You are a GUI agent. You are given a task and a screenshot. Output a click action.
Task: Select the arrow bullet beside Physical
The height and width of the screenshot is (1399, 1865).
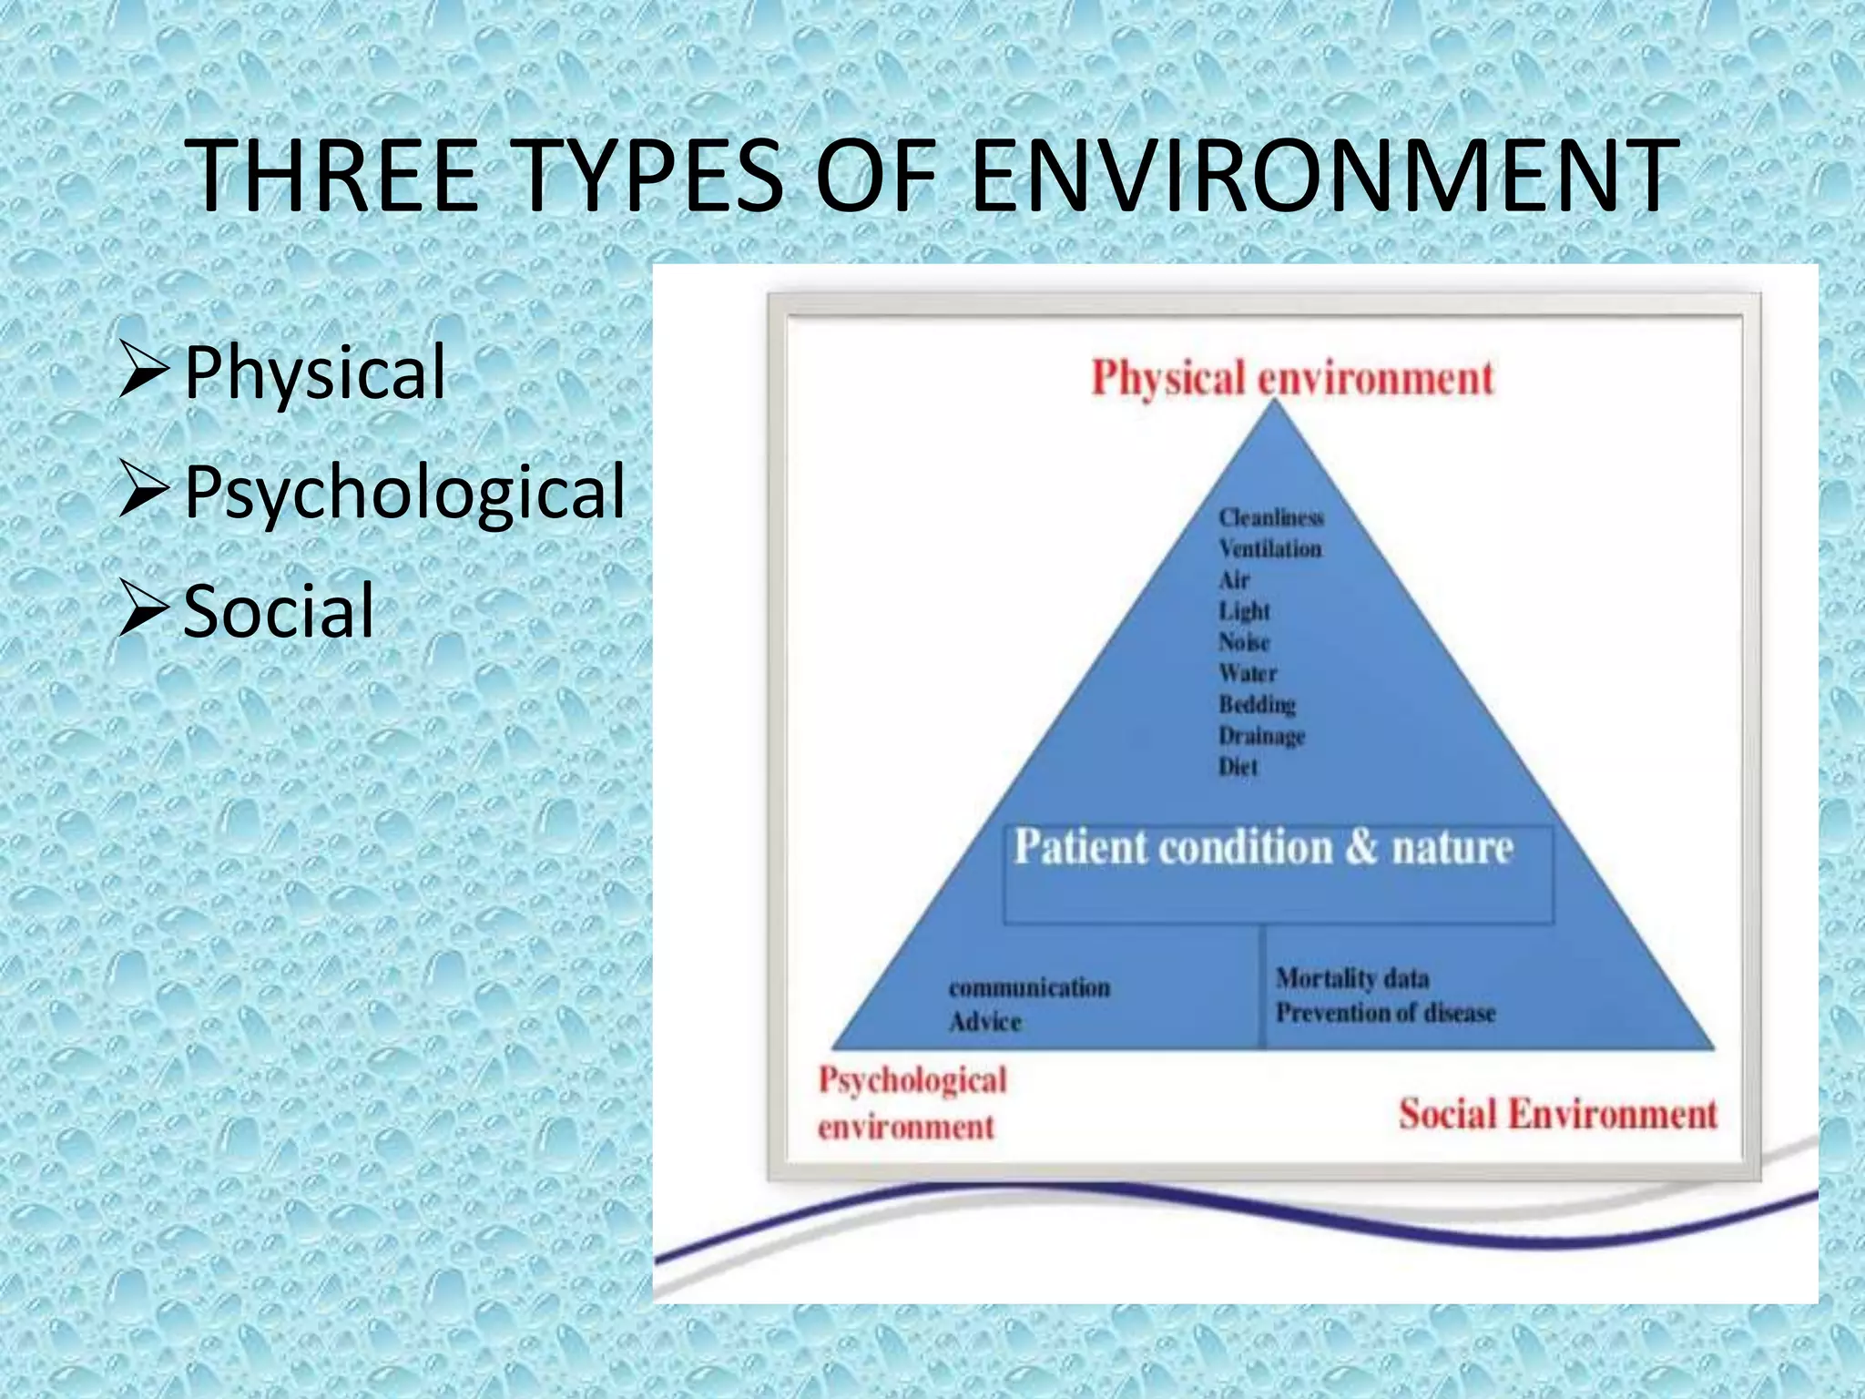tap(144, 373)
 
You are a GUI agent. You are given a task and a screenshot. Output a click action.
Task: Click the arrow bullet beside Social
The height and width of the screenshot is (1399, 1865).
tap(144, 610)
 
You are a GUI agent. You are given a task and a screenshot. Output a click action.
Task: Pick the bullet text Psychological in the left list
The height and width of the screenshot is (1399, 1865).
tap(405, 492)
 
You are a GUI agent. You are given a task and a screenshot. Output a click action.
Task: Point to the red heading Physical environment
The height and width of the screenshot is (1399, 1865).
tap(1292, 378)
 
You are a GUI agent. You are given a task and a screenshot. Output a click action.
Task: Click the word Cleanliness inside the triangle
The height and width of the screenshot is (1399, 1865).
tap(1271, 517)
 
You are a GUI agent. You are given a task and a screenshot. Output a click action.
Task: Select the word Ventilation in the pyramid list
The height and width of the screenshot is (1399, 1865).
tap(1270, 549)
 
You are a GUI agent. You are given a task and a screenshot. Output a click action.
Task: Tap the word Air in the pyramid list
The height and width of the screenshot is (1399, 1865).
tap(1234, 580)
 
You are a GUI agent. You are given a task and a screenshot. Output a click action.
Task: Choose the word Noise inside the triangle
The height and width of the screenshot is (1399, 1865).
tap(1244, 642)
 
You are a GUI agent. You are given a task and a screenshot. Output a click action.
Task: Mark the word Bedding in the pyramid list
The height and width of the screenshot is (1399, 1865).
tap(1257, 704)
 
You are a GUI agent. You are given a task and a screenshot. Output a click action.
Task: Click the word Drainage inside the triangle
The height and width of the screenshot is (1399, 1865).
tap(1261, 735)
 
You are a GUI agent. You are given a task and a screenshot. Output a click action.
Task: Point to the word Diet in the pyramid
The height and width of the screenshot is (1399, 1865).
tap(1238, 767)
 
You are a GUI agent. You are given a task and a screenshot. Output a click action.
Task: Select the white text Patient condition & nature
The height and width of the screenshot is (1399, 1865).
tap(1263, 847)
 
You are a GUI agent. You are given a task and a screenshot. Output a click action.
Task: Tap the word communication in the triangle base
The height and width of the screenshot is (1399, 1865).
tap(1029, 988)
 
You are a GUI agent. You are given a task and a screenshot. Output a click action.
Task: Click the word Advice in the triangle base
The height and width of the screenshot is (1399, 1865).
tap(984, 1022)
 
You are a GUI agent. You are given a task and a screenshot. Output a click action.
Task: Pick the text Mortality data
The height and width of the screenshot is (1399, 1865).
tap(1352, 978)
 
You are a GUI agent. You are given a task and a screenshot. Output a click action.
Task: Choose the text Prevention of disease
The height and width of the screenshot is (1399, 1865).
tap(1385, 1013)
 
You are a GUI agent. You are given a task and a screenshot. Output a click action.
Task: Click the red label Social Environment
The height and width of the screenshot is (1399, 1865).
tap(1557, 1114)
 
